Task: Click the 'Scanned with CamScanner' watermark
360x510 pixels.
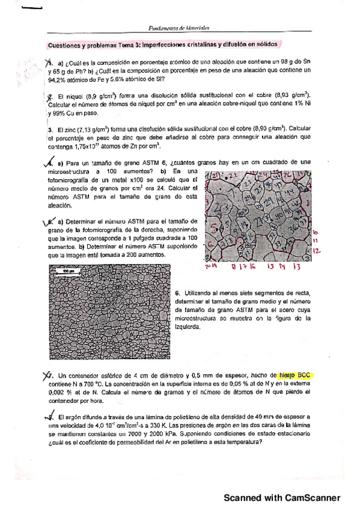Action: [x=282, y=498]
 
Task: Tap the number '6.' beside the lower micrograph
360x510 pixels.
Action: [x=178, y=293]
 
